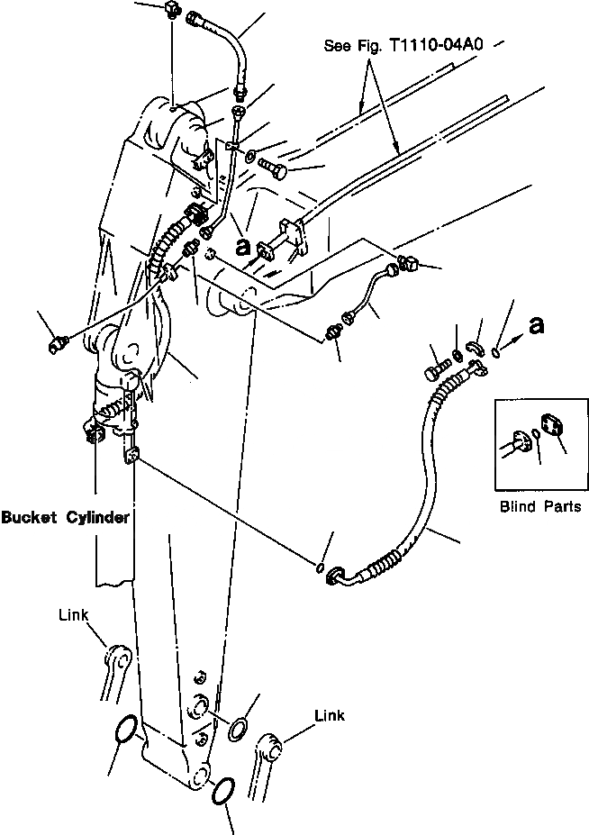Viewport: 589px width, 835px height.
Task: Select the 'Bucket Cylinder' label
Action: tap(65, 518)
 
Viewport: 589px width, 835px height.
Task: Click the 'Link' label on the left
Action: tap(73, 615)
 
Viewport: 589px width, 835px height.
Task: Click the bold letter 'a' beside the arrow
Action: tap(538, 325)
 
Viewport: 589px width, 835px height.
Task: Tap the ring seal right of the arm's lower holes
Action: tap(240, 728)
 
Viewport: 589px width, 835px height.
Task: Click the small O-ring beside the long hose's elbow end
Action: tap(319, 568)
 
